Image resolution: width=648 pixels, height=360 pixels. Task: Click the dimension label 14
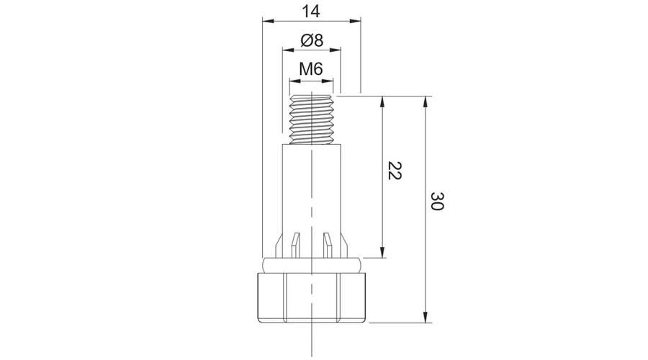pyautogui.click(x=311, y=12)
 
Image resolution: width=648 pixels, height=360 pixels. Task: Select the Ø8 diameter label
pyautogui.click(x=312, y=40)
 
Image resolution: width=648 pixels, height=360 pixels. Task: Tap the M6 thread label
pyautogui.click(x=311, y=68)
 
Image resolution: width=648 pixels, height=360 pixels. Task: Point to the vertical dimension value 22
pyautogui.click(x=395, y=171)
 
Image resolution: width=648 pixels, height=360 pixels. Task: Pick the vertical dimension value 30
pyautogui.click(x=437, y=201)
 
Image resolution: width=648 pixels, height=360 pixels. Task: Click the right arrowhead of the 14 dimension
pyautogui.click(x=355, y=20)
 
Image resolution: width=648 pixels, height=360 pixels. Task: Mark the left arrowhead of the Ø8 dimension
pyautogui.click(x=288, y=50)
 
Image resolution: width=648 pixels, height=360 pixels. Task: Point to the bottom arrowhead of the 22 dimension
pyautogui.click(x=382, y=252)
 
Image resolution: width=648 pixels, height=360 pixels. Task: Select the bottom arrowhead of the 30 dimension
pyautogui.click(x=426, y=317)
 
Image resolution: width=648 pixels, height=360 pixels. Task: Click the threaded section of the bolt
pyautogui.click(x=311, y=120)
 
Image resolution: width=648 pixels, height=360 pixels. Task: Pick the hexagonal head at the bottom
pyautogui.click(x=312, y=297)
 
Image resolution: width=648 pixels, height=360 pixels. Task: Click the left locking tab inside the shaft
pyautogui.click(x=294, y=246)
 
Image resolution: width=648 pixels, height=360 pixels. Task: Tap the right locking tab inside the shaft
pyautogui.click(x=328, y=246)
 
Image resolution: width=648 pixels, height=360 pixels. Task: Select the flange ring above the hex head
pyautogui.click(x=312, y=265)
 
